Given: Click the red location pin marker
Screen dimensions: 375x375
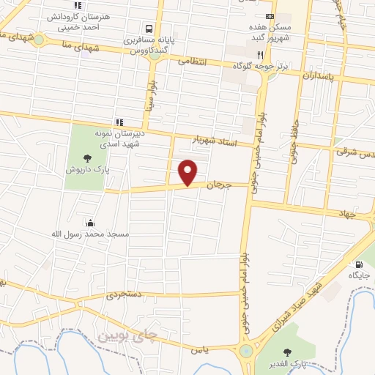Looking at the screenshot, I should (x=188, y=172).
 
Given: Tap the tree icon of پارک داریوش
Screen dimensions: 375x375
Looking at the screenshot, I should (x=88, y=157).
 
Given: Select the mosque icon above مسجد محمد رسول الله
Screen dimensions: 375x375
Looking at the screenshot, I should (x=90, y=223).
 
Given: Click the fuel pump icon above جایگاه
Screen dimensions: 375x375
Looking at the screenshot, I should (x=358, y=264).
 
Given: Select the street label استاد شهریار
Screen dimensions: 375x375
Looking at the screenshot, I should (x=216, y=139).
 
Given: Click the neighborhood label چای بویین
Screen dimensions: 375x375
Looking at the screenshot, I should (x=127, y=335).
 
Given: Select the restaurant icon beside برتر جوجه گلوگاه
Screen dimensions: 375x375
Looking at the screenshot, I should (x=259, y=54).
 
